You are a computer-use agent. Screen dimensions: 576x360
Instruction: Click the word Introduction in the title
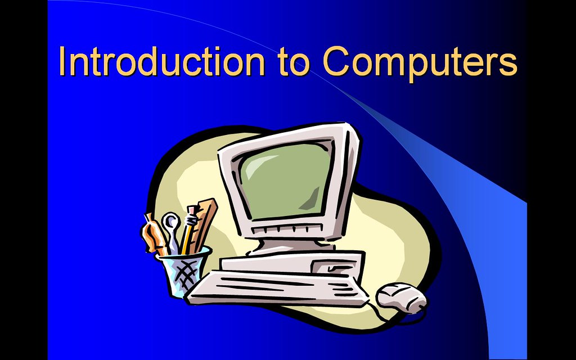pos(161,61)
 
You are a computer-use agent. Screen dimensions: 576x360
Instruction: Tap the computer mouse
pos(401,298)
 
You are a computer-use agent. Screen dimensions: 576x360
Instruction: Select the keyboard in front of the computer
pos(277,289)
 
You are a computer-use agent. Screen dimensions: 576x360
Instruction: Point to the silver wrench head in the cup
pos(170,222)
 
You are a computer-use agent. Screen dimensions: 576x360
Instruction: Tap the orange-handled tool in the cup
pos(154,235)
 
